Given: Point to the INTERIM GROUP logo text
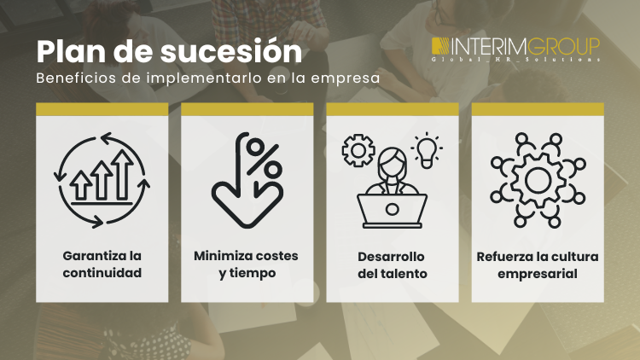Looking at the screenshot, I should click(515, 45).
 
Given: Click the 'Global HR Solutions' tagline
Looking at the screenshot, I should click(515, 60).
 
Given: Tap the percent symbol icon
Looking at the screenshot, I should click(263, 157).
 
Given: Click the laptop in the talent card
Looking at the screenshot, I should click(392, 207).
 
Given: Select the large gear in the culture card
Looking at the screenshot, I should click(538, 179).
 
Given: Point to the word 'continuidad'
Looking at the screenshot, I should click(102, 274).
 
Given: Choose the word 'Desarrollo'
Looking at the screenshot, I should click(392, 256).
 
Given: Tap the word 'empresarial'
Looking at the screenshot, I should click(538, 274).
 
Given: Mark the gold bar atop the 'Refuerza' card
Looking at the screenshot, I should click(538, 109).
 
